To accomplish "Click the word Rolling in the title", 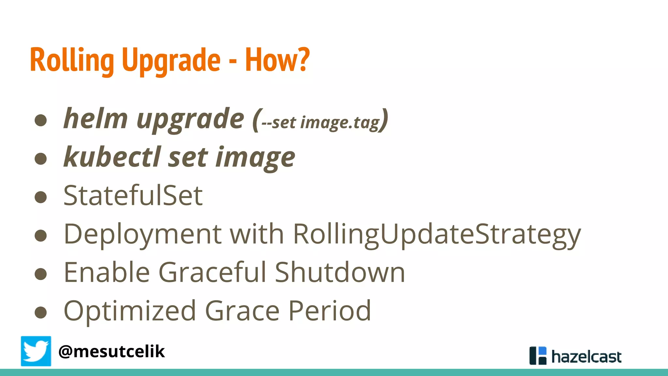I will [x=72, y=60].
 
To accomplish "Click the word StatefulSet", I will [x=133, y=196].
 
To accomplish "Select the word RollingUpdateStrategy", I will [x=437, y=235].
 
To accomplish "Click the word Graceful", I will [x=213, y=272].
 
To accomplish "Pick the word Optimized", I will [x=130, y=311].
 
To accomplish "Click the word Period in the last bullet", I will [x=329, y=311].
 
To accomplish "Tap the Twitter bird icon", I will [x=36, y=351].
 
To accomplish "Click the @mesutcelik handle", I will [x=112, y=352].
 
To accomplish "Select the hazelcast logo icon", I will [x=538, y=355].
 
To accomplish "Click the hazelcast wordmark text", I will [x=586, y=357].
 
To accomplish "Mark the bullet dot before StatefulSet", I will [x=41, y=197].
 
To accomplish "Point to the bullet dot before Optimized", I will [x=41, y=312].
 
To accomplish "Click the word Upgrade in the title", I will [x=171, y=60].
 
